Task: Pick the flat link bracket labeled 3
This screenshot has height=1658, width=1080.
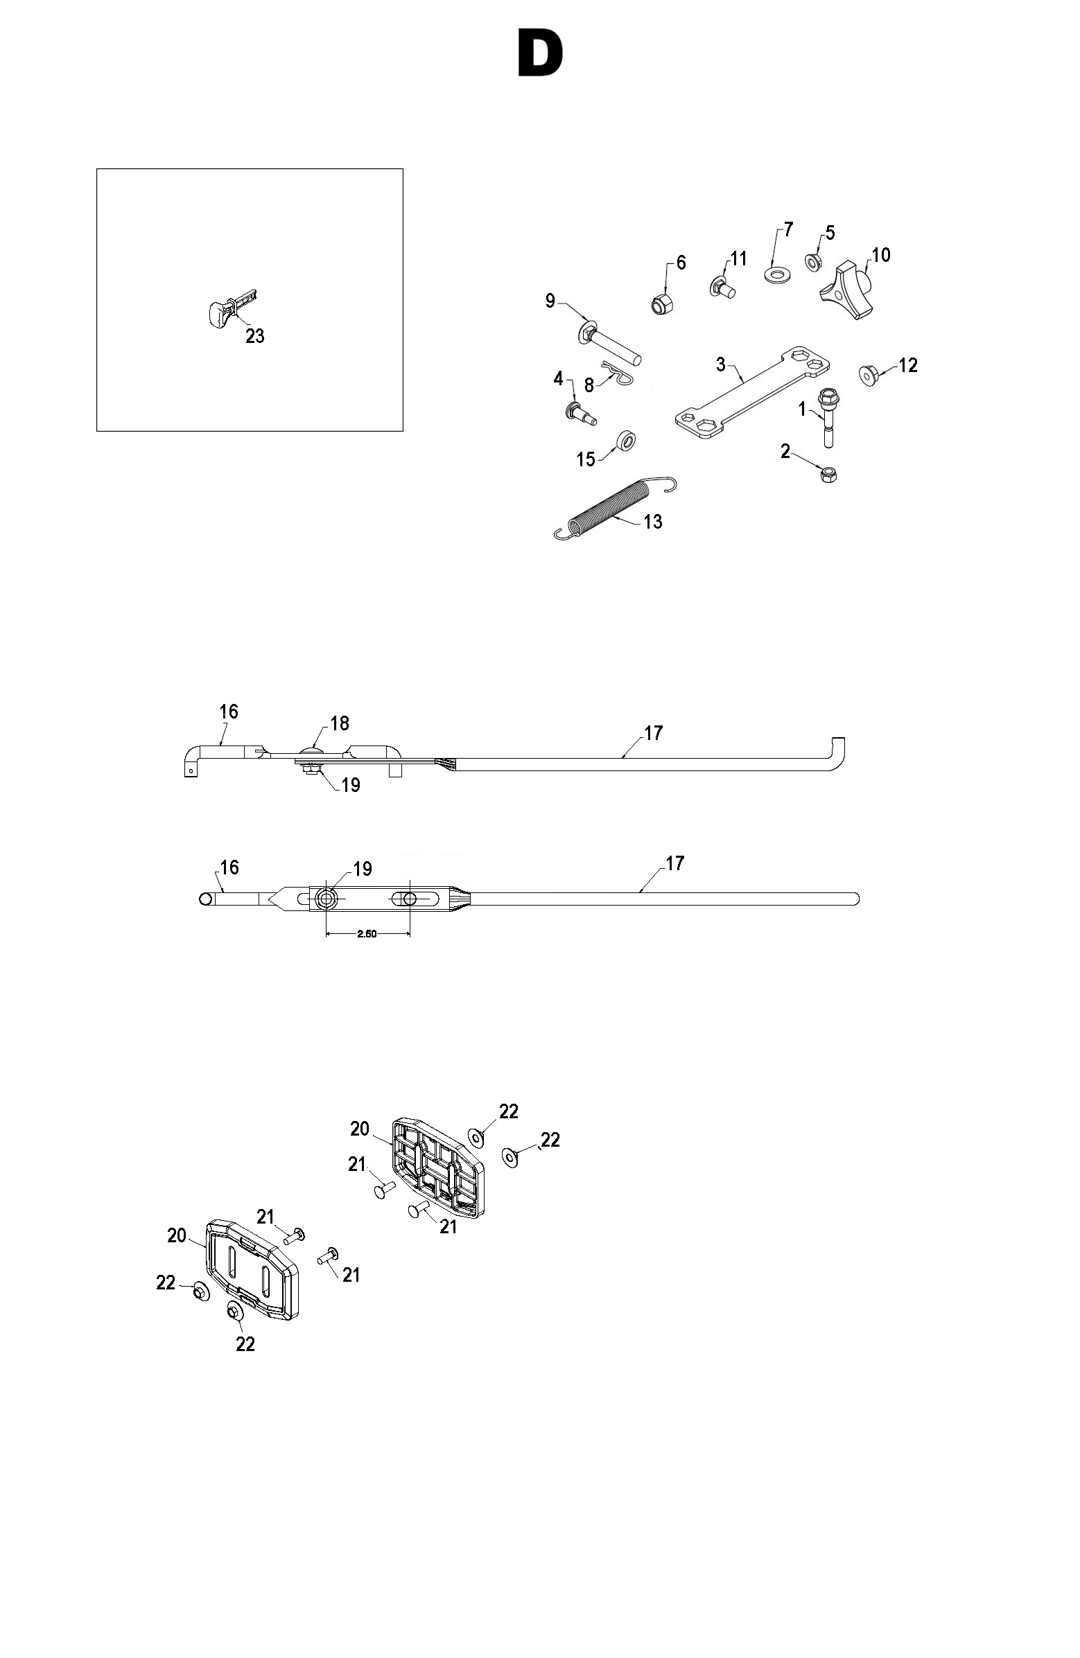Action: tap(753, 392)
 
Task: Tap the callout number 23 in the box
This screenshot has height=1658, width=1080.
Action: tap(255, 337)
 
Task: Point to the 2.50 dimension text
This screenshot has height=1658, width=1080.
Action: tap(367, 934)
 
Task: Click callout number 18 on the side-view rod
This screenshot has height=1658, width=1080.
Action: tap(340, 723)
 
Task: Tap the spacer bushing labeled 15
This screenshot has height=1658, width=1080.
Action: tap(626, 440)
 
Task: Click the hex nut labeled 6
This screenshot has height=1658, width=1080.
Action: tap(660, 303)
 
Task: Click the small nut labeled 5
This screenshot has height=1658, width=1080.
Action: tap(813, 262)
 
